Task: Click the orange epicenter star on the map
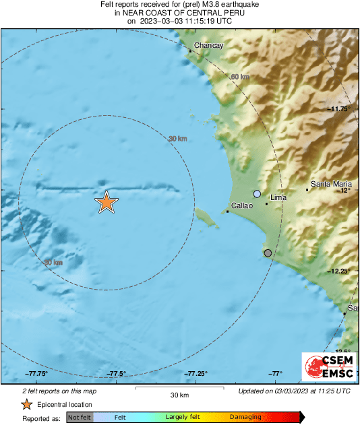pyautogui.click(x=106, y=202)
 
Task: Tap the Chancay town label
pyautogui.click(x=208, y=46)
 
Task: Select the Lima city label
pyautogui.click(x=278, y=198)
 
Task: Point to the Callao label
pyautogui.click(x=241, y=206)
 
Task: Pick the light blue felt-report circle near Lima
pyautogui.click(x=257, y=194)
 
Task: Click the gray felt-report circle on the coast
pyautogui.click(x=268, y=253)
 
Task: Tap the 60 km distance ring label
pyautogui.click(x=240, y=77)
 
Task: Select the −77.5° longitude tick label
pyautogui.click(x=117, y=373)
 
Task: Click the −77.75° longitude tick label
pyautogui.click(x=37, y=373)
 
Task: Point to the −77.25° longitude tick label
pyautogui.click(x=196, y=373)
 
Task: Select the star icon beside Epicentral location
pyautogui.click(x=26, y=404)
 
